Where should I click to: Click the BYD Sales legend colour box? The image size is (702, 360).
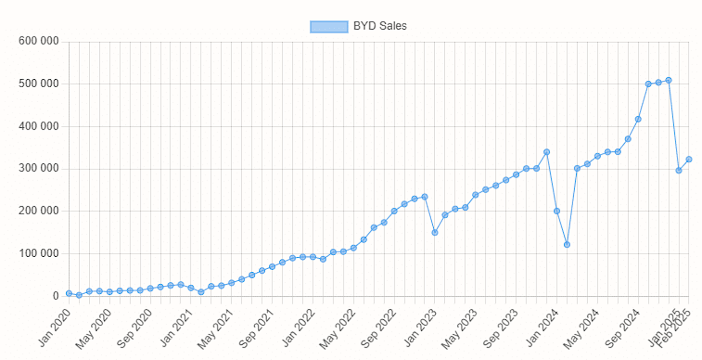coord(329,27)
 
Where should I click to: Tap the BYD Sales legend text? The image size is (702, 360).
coord(380,26)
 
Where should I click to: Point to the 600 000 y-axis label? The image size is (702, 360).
coord(39,41)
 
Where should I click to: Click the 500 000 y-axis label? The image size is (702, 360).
coord(39,84)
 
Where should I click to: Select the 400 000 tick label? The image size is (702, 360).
coord(39,126)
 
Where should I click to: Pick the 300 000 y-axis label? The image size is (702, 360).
coord(39,169)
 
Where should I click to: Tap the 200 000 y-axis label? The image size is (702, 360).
coord(39,211)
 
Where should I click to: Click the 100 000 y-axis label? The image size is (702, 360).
coord(39,254)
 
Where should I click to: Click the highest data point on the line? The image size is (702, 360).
coord(668,80)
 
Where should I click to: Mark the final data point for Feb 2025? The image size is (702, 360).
coord(689,159)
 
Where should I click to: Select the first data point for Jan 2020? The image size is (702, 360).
coord(69,293)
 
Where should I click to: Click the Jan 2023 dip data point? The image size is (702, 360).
coord(435,233)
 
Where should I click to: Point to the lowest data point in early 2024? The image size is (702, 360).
coord(567,245)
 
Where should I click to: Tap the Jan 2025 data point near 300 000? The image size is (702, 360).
coord(679,170)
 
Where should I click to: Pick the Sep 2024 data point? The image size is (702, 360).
coord(638,119)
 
